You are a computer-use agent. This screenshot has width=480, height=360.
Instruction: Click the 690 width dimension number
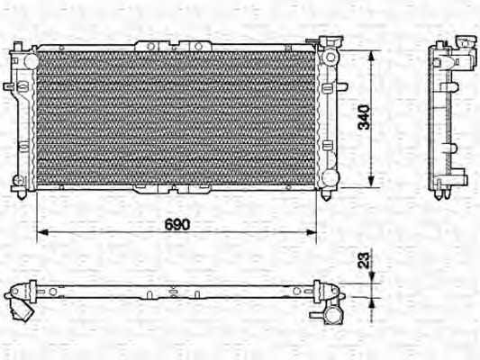tap(177, 225)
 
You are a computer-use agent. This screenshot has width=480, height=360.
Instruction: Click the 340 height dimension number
tap(365, 118)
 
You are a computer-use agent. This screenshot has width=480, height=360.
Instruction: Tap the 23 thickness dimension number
tap(365, 260)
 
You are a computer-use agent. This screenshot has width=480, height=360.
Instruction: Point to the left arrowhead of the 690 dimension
tap(42, 232)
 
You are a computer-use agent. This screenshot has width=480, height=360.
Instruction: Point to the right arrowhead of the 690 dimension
tap(311, 232)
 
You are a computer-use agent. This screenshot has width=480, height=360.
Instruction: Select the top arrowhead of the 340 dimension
tap(371, 57)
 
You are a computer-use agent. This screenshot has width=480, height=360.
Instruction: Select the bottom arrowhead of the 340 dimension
tap(371, 181)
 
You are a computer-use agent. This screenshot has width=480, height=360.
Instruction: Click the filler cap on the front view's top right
tap(331, 40)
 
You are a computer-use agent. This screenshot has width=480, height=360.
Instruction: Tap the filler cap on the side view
tap(466, 41)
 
